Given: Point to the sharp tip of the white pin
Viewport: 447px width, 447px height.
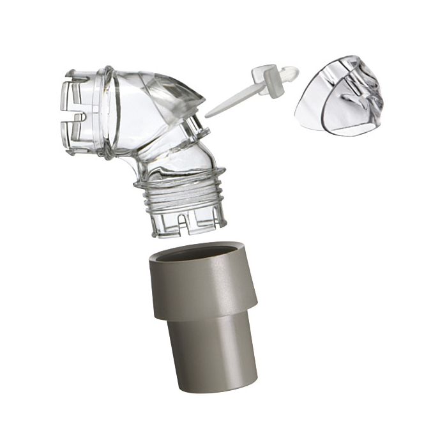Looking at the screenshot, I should tap(207, 116).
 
